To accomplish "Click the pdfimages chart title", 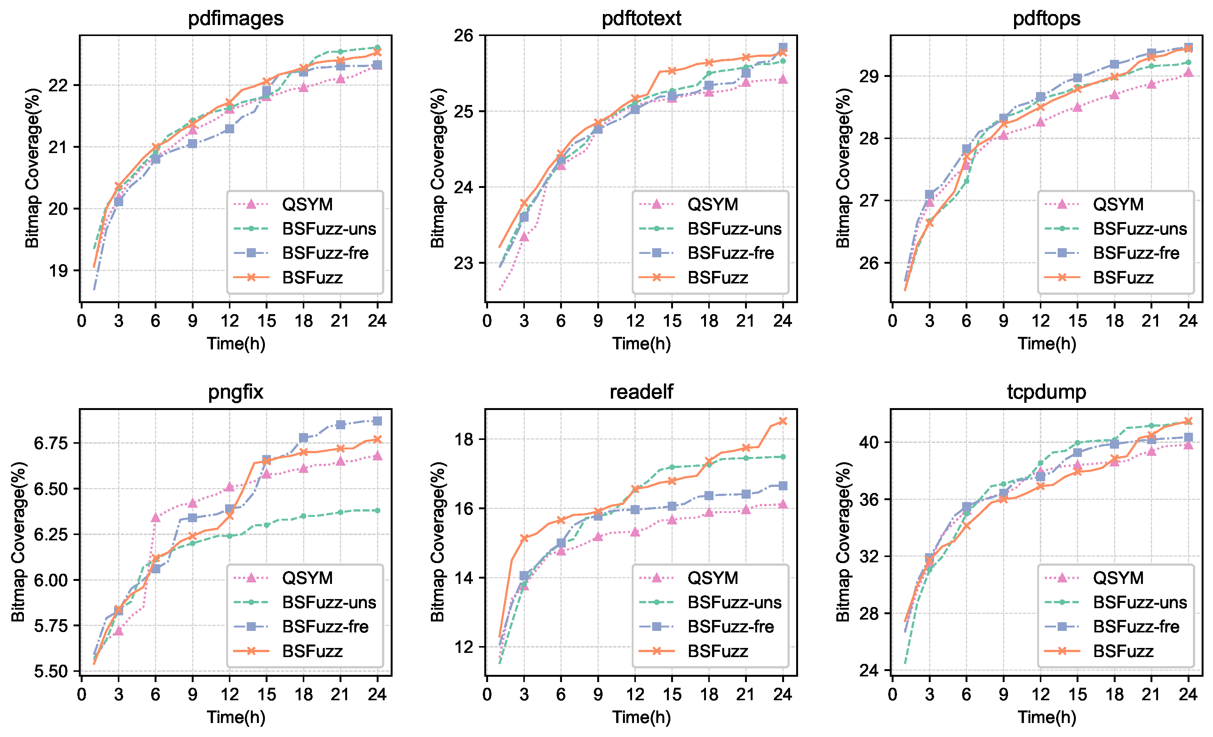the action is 236,18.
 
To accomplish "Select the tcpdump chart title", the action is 1047,392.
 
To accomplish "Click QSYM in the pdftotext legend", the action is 713,204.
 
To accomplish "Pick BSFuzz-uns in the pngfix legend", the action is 329,602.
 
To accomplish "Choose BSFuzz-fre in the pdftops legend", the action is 1136,253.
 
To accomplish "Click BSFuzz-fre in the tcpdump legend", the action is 1136,627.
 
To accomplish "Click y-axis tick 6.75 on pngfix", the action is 51,443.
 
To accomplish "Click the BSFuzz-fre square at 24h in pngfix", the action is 377,421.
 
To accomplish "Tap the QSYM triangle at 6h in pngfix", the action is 156,518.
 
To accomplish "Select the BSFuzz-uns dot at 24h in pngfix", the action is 377,510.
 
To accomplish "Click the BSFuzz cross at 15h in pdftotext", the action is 672,71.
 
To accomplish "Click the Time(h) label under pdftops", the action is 1047,344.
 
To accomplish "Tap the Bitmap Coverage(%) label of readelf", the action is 438,541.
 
